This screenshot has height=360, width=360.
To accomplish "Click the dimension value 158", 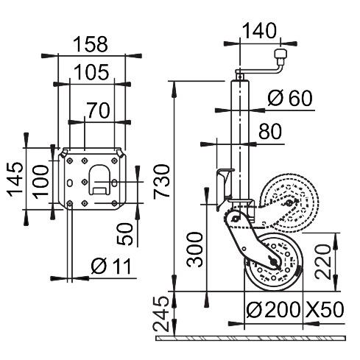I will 92,44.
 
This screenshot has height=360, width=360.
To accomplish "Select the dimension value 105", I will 92,71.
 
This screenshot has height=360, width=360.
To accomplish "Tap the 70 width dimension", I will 96,110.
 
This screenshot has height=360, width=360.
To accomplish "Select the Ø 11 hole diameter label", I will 110,267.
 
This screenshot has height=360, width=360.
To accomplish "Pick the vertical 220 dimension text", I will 322,261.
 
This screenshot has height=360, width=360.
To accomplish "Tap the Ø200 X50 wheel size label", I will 294,310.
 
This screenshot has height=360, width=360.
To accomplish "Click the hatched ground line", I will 250,339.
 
